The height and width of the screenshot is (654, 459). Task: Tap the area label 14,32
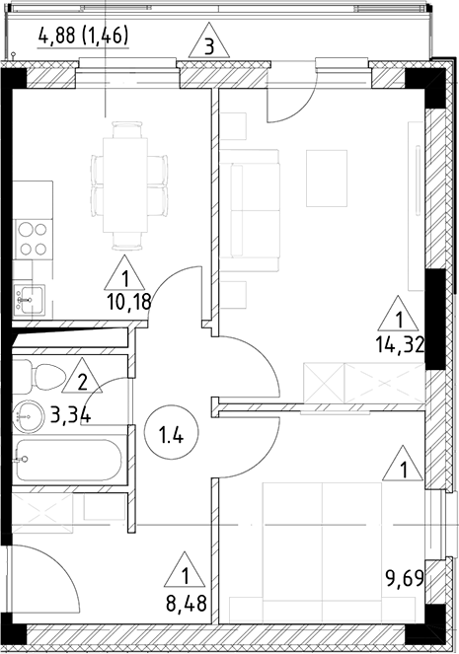point(399,344)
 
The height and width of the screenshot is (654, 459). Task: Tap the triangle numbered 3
point(208,43)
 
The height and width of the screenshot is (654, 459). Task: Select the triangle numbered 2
point(83,379)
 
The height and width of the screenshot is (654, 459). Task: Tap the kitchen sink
point(29,293)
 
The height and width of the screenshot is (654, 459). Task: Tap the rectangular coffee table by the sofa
point(327,178)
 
